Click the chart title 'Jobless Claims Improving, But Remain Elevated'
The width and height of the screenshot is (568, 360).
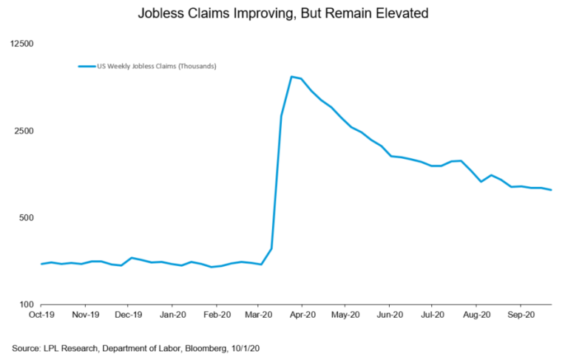tap(284, 13)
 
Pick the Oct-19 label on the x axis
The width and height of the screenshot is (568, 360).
tap(41, 313)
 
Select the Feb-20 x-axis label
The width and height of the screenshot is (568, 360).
tap(215, 313)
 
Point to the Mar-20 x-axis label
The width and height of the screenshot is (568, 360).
tap(258, 313)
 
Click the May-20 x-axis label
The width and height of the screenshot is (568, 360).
tap(345, 313)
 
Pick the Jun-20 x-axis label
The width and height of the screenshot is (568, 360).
tap(389, 313)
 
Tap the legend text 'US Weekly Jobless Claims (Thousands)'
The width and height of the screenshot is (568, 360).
tap(156, 67)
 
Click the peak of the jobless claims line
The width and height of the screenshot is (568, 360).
tap(291, 76)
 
